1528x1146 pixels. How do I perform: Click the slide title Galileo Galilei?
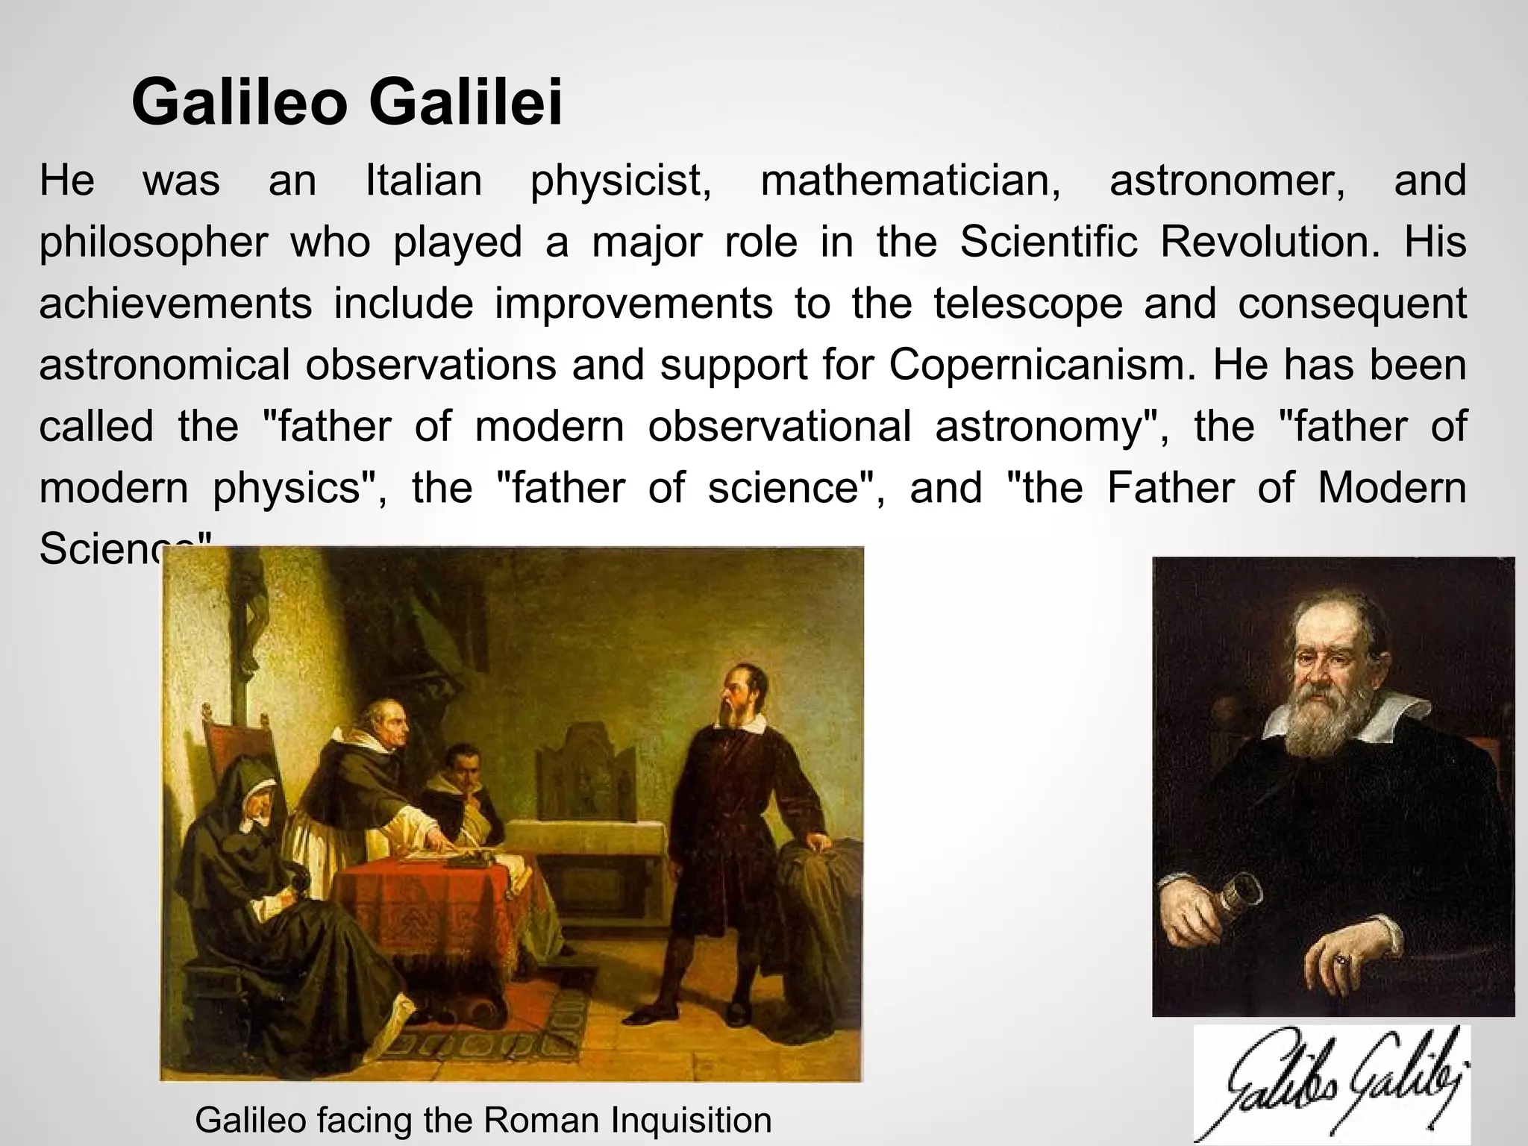point(347,102)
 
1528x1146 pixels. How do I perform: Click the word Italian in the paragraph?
point(424,181)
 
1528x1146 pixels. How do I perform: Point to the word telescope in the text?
point(1028,304)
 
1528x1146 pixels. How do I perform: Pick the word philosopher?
point(153,243)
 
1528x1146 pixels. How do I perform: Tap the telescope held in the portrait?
point(1235,896)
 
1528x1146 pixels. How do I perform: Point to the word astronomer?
point(1227,181)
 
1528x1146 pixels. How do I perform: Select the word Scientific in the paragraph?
point(1048,242)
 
